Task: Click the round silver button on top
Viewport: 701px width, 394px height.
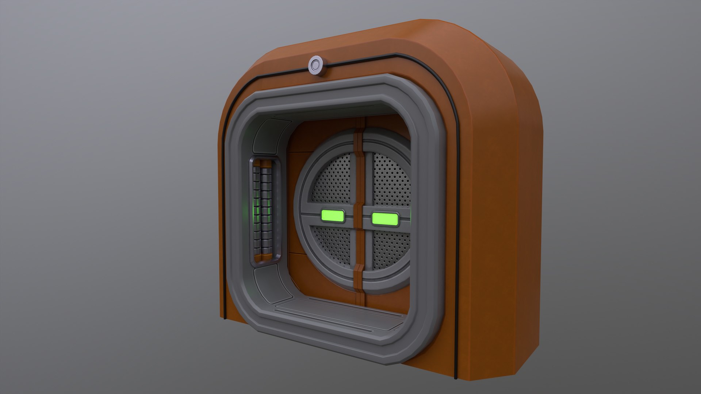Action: tap(316, 65)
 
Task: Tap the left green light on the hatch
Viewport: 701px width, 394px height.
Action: tap(332, 216)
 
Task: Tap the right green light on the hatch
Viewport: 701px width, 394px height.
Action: tap(384, 219)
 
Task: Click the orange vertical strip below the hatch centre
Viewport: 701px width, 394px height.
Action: tap(360, 270)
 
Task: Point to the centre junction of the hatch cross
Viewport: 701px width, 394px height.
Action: tap(359, 218)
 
